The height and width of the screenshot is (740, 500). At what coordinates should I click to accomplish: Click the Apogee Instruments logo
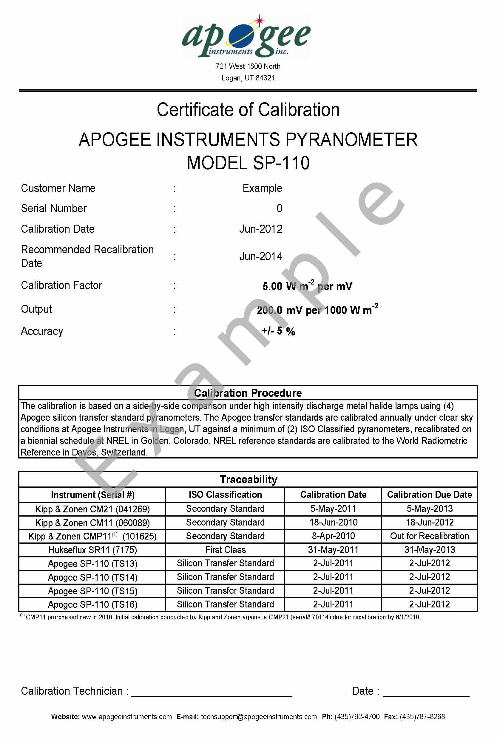pyautogui.click(x=246, y=37)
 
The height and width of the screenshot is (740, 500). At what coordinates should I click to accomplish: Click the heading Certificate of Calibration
pyautogui.click(x=248, y=110)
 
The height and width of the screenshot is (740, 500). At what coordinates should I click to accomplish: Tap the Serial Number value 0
pyautogui.click(x=279, y=209)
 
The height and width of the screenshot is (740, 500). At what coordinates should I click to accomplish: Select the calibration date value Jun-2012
pyautogui.click(x=261, y=229)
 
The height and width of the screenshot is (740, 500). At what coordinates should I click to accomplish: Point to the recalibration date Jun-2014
pyautogui.click(x=261, y=256)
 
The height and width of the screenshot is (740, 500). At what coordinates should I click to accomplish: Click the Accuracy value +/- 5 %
pyautogui.click(x=278, y=331)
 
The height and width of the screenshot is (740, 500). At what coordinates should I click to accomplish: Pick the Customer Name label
pyautogui.click(x=58, y=188)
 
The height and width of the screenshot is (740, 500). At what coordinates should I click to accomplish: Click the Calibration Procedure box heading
pyautogui.click(x=248, y=393)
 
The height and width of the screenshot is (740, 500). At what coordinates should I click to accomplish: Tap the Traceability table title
pyautogui.click(x=249, y=479)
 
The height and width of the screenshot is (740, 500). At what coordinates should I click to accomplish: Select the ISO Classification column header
pyautogui.click(x=225, y=495)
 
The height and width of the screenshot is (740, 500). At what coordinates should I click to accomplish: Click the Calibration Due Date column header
pyautogui.click(x=429, y=495)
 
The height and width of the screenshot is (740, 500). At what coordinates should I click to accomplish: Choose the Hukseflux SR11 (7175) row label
pyautogui.click(x=92, y=550)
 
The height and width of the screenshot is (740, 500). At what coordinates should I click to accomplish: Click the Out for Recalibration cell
pyautogui.click(x=429, y=536)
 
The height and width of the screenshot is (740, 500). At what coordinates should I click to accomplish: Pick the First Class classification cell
pyautogui.click(x=225, y=550)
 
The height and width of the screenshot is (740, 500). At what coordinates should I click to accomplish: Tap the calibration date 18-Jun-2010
pyautogui.click(x=333, y=522)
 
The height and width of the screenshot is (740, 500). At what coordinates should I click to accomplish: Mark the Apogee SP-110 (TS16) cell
pyautogui.click(x=92, y=604)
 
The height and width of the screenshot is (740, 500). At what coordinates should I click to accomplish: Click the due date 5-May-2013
pyautogui.click(x=429, y=509)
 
